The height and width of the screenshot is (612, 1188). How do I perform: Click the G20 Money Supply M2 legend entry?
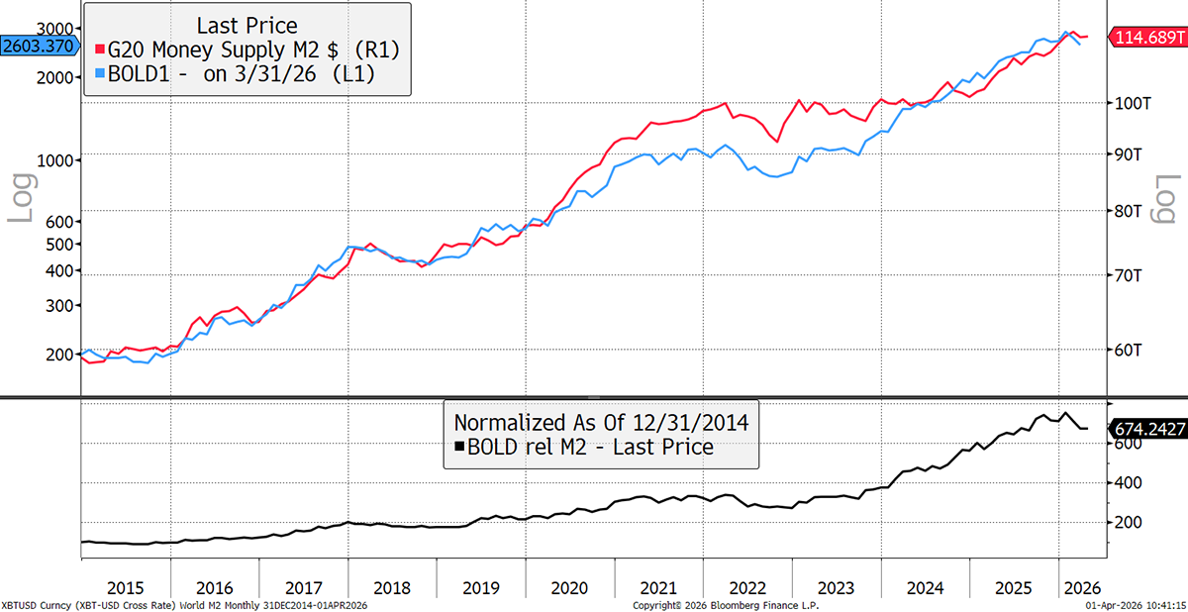pyautogui.click(x=247, y=50)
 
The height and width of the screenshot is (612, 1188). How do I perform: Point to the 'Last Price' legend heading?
pyautogui.click(x=247, y=25)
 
